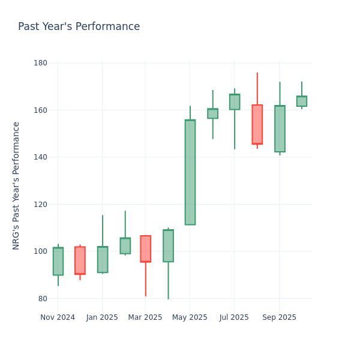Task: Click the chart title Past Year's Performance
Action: point(79,27)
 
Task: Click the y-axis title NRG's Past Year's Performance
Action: point(16,185)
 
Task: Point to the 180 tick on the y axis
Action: point(40,63)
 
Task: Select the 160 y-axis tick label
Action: point(40,110)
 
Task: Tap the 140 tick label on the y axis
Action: point(40,157)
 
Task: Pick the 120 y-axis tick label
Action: point(40,205)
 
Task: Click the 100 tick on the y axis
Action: point(40,251)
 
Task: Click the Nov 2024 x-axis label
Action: point(58,317)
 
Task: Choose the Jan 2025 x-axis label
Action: point(102,317)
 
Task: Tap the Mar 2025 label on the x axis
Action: point(145,317)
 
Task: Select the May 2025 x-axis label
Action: point(190,317)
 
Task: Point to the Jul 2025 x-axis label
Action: point(234,317)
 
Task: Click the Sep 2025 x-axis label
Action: point(279,317)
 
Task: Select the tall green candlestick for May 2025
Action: point(190,172)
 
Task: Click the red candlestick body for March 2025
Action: point(145,248)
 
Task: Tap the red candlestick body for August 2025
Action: point(257,124)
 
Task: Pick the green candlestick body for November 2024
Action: point(58,261)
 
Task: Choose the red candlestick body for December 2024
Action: point(80,260)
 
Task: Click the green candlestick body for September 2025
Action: point(280,128)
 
